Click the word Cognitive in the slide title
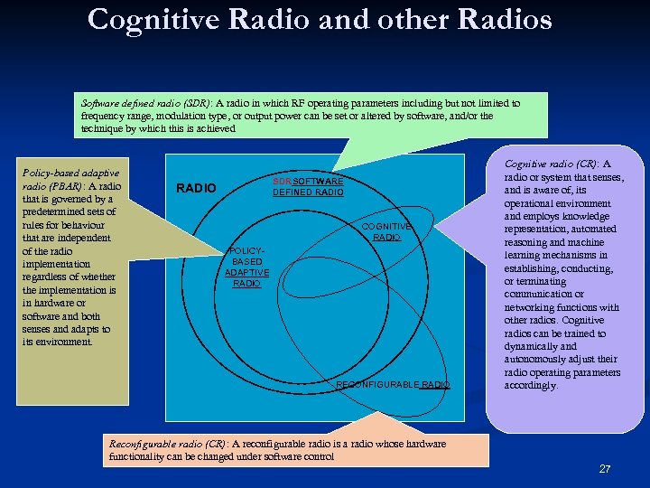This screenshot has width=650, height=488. click(156, 19)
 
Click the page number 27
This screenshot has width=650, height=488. click(604, 469)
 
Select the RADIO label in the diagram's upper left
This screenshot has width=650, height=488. click(196, 188)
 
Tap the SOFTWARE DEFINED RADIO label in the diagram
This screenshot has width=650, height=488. click(308, 187)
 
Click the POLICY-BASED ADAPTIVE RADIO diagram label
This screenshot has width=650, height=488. click(246, 267)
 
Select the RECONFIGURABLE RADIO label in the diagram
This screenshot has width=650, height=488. click(392, 385)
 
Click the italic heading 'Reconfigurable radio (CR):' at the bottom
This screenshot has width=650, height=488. click(168, 444)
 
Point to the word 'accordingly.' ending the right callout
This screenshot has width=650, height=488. click(531, 385)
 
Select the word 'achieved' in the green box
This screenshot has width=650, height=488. click(213, 128)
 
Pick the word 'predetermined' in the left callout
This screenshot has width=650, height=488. click(52, 212)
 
